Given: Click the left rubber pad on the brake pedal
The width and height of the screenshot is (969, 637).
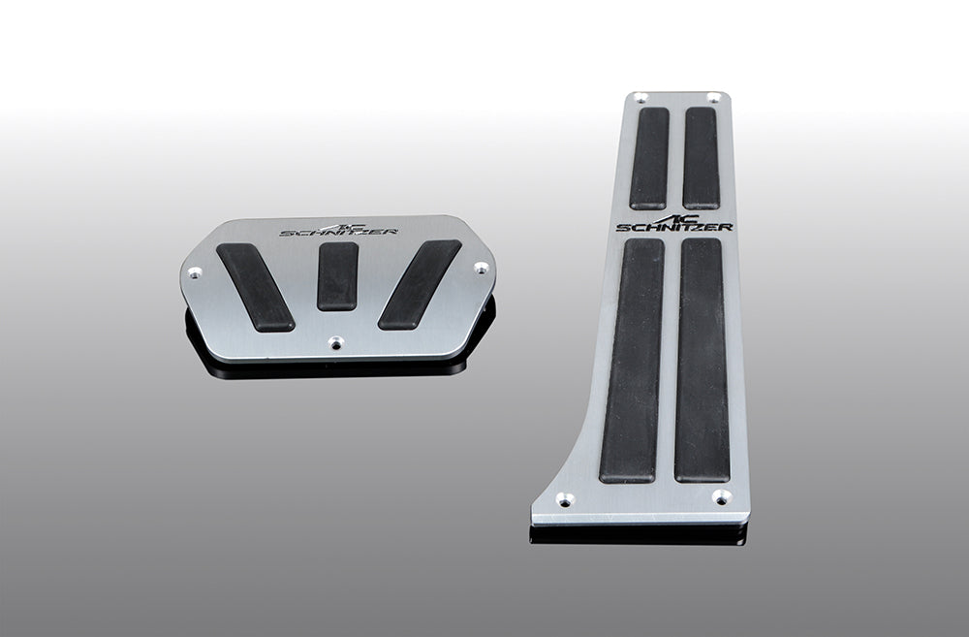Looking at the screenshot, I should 255,286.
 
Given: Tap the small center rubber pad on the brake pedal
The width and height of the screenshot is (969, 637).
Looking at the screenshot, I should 337,275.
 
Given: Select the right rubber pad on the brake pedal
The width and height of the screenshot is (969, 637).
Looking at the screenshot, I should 420,284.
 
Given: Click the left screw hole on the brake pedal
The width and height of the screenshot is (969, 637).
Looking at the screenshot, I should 195,272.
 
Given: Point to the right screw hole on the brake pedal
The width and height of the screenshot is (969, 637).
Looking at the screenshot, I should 480,268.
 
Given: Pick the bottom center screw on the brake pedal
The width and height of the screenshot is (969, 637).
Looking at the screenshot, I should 335,342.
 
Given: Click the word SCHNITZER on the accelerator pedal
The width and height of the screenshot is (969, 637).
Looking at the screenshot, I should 674,227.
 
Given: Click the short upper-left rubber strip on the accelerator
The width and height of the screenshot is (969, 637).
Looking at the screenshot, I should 649,157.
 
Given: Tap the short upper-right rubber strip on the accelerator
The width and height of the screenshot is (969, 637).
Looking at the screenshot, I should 701,157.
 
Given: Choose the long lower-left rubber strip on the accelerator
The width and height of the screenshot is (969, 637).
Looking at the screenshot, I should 631,360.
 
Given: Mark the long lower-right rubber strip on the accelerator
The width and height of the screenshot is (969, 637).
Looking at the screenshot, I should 703,360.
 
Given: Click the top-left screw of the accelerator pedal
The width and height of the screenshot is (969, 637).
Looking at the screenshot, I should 640,97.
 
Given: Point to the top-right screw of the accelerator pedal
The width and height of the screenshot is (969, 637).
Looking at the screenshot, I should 713,97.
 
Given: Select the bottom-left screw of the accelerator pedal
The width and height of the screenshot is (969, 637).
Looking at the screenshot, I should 564,499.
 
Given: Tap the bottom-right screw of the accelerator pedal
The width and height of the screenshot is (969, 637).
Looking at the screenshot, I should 721,496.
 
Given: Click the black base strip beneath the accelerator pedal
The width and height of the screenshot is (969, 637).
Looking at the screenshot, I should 640,534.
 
